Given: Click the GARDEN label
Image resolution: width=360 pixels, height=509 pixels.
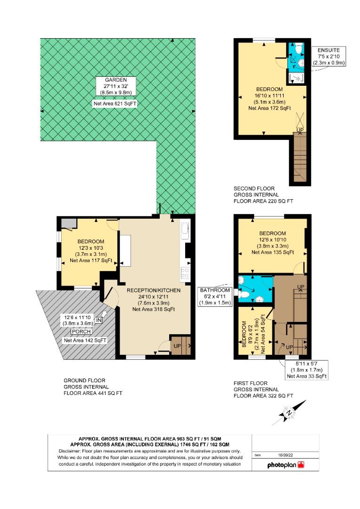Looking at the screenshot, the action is click(116, 80).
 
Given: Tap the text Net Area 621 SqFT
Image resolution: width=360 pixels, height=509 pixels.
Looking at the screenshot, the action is click(115, 104).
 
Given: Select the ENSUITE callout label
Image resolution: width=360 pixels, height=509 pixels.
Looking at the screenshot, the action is click(328, 50).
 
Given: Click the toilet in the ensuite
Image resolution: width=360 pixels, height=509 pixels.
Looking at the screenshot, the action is click(298, 49).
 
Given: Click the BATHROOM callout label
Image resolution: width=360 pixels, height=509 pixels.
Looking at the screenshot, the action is click(215, 290).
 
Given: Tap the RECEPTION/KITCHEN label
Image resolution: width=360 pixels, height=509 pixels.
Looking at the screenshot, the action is click(154, 290).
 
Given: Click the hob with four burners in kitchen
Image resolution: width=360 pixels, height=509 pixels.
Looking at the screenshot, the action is click(185, 273).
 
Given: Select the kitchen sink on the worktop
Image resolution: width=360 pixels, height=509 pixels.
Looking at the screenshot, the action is click(185, 230).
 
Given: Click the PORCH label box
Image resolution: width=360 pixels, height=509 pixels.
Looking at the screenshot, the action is click(81, 331).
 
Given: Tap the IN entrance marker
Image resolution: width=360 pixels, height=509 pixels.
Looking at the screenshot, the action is click(98, 320).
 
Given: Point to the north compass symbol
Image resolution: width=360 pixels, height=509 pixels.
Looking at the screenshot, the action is click(288, 413).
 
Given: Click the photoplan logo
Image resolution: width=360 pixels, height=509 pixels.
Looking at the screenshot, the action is click(286, 465).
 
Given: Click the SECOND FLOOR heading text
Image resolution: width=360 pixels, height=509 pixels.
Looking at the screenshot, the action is click(254, 189).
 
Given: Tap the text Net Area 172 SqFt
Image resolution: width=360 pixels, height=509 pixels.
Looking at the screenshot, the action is click(270, 108).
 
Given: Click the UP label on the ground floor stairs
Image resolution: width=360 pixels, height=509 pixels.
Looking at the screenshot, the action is click(177, 346).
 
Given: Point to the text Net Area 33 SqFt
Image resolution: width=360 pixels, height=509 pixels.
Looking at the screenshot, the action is click(307, 376).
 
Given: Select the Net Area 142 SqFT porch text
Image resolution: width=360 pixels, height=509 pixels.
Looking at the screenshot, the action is click(85, 340).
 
